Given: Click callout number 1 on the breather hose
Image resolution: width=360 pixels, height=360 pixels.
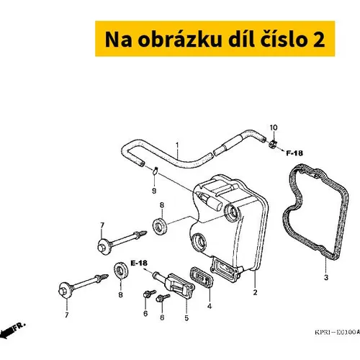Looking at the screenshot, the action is (x=177, y=145).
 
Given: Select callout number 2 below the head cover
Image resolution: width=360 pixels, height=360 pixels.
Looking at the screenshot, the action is (x=255, y=292).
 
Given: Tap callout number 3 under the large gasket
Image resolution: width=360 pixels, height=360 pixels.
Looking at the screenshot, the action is (x=326, y=277).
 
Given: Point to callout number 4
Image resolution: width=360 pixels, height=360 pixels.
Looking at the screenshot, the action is (x=210, y=306).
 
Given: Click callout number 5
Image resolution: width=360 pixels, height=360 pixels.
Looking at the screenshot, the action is (x=186, y=318).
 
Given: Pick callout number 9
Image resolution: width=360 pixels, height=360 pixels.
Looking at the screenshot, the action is (x=154, y=191).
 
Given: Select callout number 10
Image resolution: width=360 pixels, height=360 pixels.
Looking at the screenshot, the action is (x=274, y=127).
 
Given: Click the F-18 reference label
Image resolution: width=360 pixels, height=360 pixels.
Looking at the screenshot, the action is (x=294, y=153).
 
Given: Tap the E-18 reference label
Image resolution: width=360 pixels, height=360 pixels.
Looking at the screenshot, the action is (x=139, y=264).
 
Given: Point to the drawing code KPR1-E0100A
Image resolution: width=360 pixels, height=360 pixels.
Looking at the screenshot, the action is (x=337, y=332).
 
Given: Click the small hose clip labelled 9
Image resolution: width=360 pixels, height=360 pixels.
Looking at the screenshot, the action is (x=156, y=170).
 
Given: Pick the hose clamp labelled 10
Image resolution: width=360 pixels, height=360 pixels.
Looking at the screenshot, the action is (x=273, y=144).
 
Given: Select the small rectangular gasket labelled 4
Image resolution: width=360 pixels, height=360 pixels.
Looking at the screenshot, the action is (x=202, y=277).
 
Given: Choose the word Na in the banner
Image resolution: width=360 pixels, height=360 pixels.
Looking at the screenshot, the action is (x=119, y=40).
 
